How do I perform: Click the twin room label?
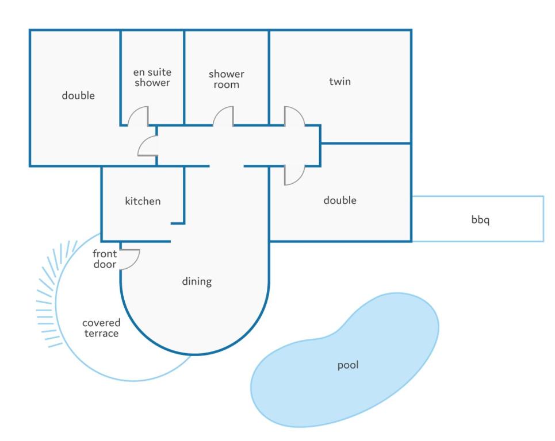pos(340,82)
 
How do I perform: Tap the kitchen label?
pos(143,201)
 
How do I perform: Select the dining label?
pos(197,281)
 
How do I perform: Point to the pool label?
pos(348,365)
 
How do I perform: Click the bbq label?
pos(480,220)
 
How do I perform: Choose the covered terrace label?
pos(101,328)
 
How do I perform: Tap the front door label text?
pos(105,258)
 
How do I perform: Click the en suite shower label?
pos(152,78)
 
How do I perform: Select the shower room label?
pos(227,79)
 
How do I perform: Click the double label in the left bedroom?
pos(78,95)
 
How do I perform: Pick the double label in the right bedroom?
pos(340,200)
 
